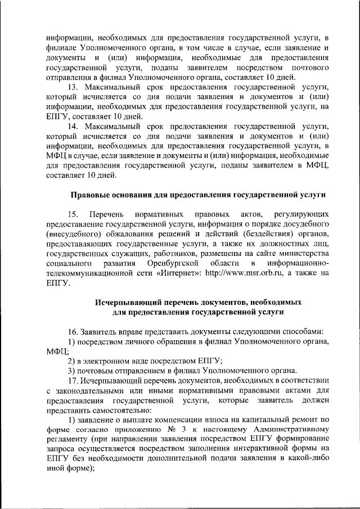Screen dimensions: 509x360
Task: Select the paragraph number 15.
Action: coord(73,215)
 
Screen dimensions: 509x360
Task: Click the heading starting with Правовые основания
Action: coord(198,195)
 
